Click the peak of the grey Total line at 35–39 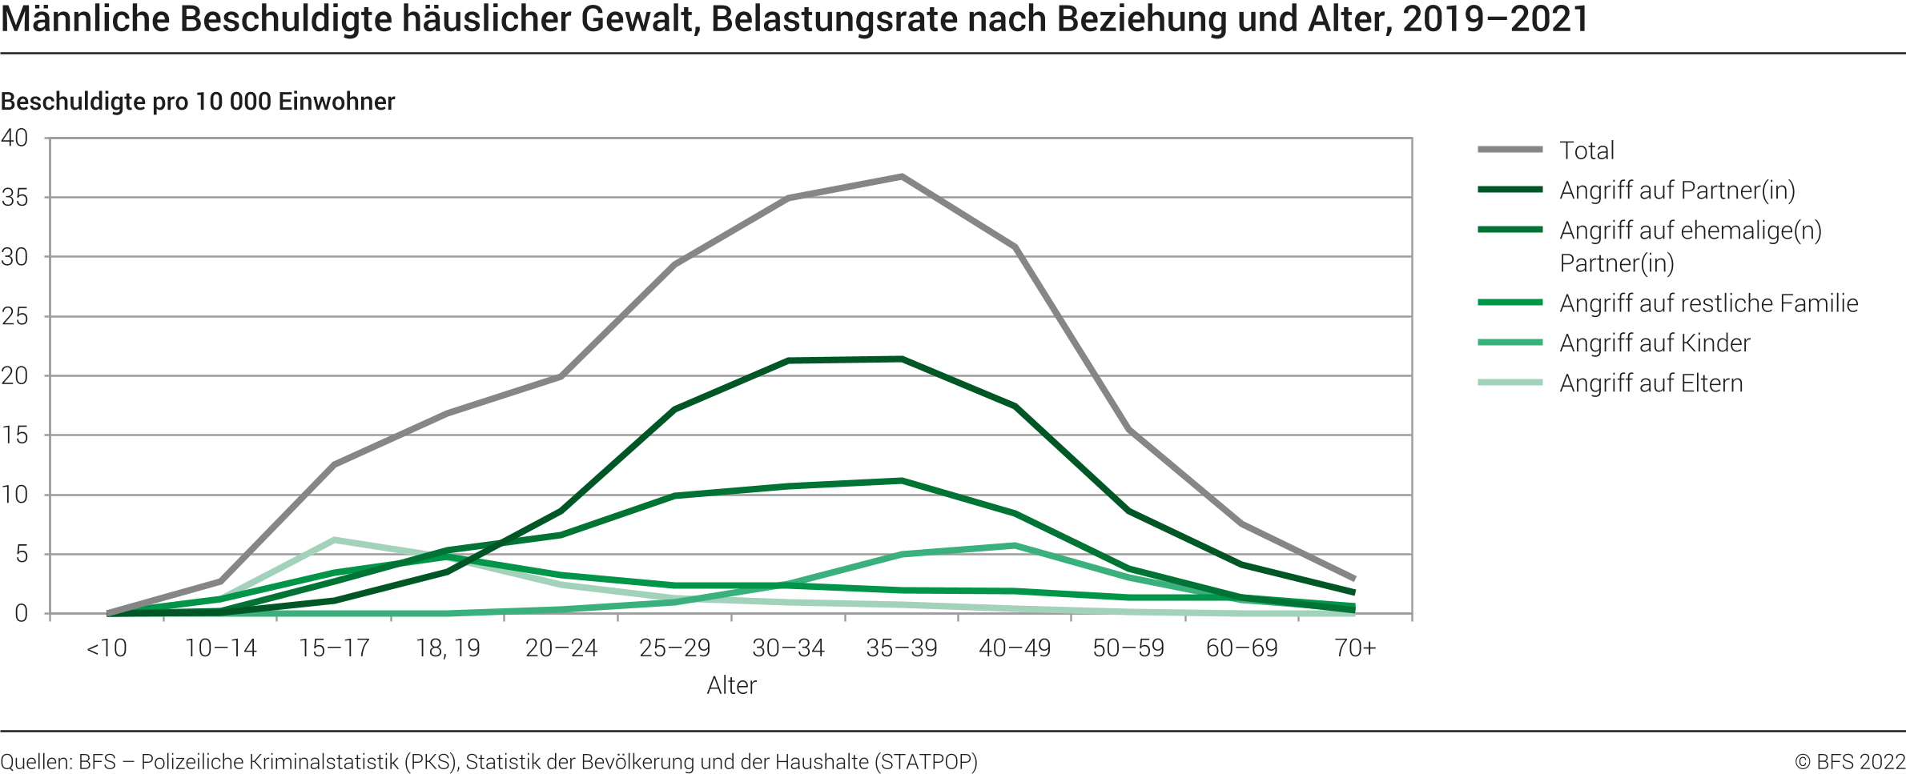(902, 176)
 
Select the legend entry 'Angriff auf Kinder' (1655, 343)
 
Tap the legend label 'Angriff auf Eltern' (1651, 383)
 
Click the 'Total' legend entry (1586, 150)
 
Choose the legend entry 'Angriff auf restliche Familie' (1708, 303)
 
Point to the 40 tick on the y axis (14, 138)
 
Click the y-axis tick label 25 (14, 316)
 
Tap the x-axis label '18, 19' (448, 648)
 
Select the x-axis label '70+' (1355, 648)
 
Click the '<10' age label (107, 648)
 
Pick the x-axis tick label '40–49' (1015, 648)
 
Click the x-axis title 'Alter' (731, 685)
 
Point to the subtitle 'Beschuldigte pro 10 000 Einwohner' (198, 102)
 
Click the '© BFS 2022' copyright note (1849, 761)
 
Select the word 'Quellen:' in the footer (36, 761)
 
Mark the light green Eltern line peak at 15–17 (334, 539)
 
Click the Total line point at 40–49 (1015, 247)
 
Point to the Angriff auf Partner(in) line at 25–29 (675, 409)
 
